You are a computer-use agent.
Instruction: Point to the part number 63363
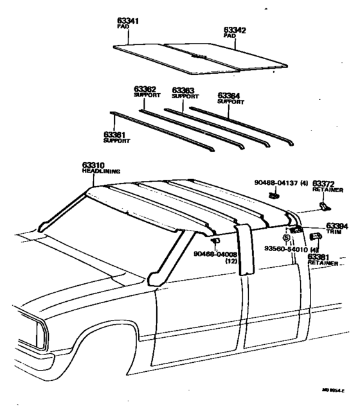[184, 91]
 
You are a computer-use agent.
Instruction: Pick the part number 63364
[230, 95]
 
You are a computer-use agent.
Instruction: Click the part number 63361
[115, 134]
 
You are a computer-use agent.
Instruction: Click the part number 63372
[325, 184]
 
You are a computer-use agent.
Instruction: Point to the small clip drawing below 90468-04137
[274, 195]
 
